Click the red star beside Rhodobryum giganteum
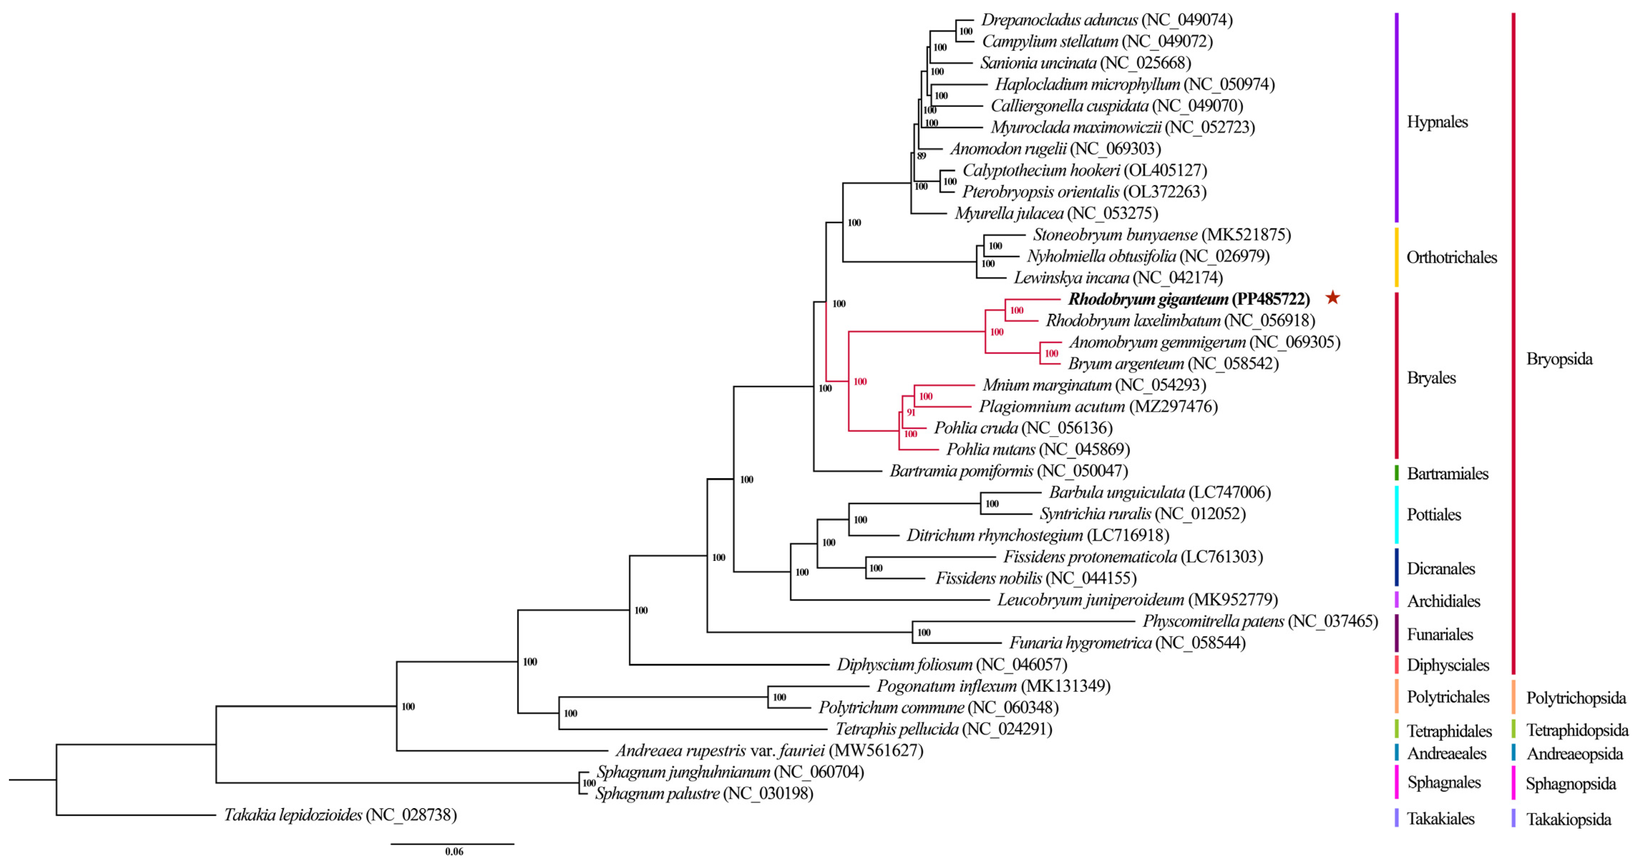click(1332, 298)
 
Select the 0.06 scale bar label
click(454, 852)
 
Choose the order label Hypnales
click(1437, 122)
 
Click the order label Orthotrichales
click(1451, 257)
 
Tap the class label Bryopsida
click(1559, 358)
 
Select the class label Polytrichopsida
click(1576, 698)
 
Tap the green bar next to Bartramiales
click(1396, 473)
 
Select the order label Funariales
click(1439, 634)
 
